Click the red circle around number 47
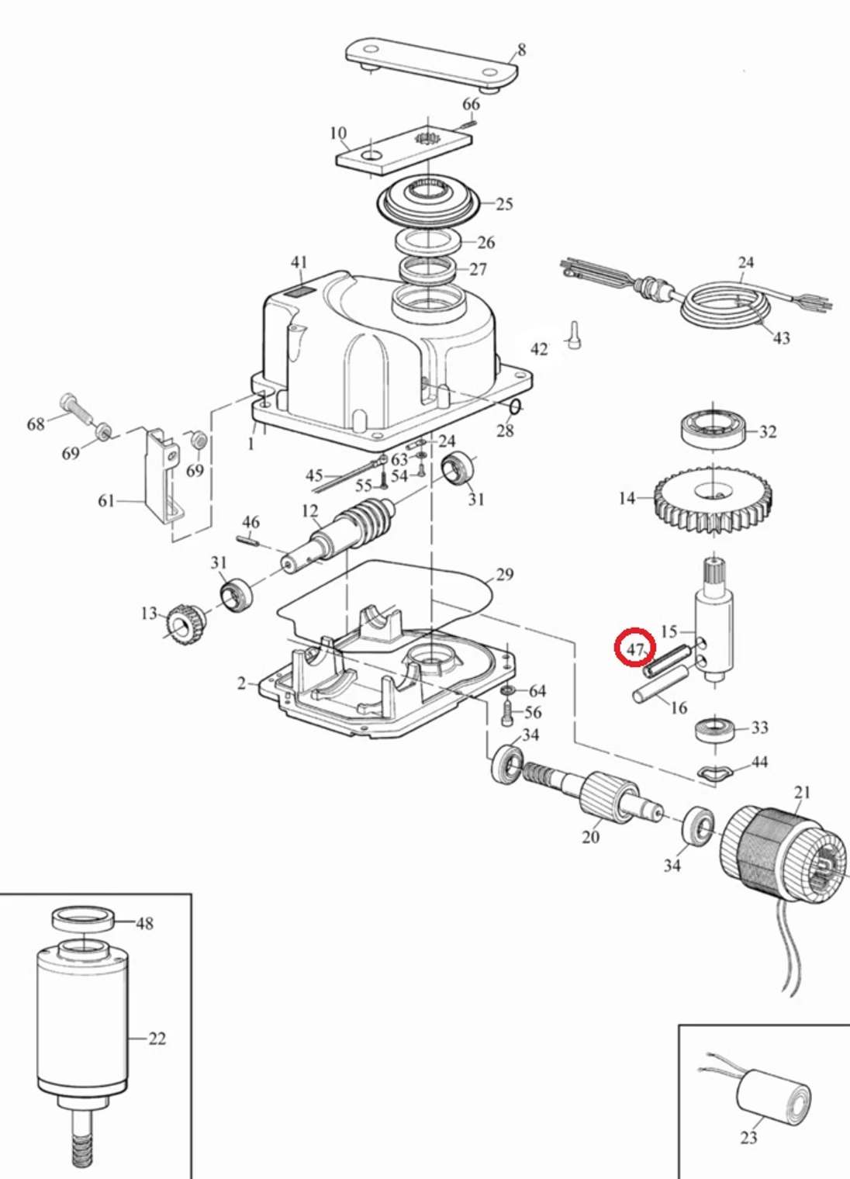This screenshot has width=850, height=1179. point(635,648)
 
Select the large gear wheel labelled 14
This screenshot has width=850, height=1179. point(713,503)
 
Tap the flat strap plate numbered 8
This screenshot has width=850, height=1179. point(431,61)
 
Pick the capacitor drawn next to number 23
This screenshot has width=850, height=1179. point(772,1097)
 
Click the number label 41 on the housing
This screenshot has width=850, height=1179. point(299,263)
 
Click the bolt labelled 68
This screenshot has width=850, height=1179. point(74,407)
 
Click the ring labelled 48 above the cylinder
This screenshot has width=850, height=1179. point(83,918)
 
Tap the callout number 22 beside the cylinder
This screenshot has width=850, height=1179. point(157,1039)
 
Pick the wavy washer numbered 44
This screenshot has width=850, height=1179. point(715,772)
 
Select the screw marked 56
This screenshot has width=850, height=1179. point(507,712)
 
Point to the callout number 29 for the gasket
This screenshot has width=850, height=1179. point(505,575)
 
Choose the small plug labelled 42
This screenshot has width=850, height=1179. point(574,337)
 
